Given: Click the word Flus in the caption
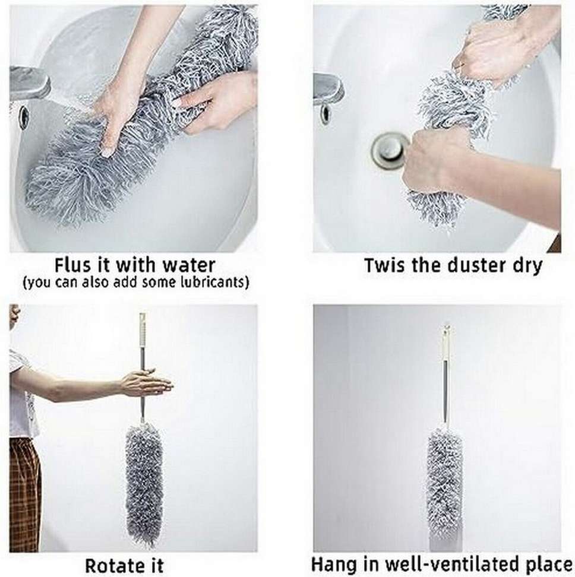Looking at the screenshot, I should [73, 264].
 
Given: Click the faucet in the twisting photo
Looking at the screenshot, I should [328, 89].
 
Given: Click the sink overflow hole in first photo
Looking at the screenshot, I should [24, 117].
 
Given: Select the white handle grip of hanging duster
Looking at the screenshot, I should [444, 344].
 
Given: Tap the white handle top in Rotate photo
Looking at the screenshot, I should [143, 329].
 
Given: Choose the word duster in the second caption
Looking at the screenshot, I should [472, 265].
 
